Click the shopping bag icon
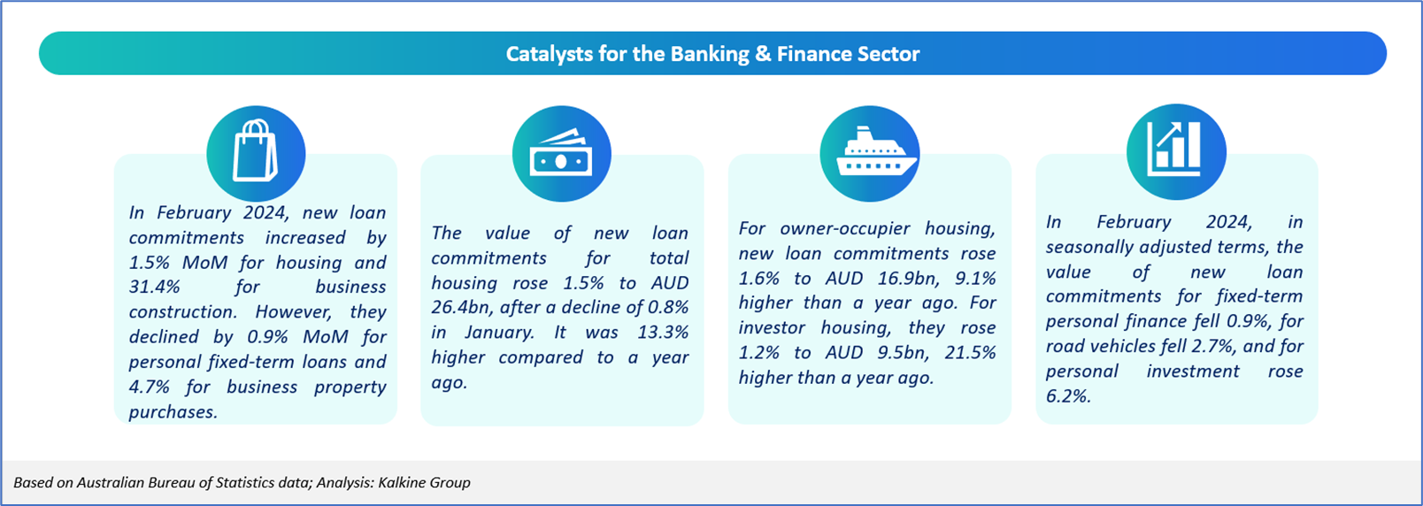[256, 151]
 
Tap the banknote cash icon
[562, 153]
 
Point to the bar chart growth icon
[1173, 149]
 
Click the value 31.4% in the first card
[154, 287]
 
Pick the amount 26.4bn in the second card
[461, 307]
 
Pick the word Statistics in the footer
[245, 482]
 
